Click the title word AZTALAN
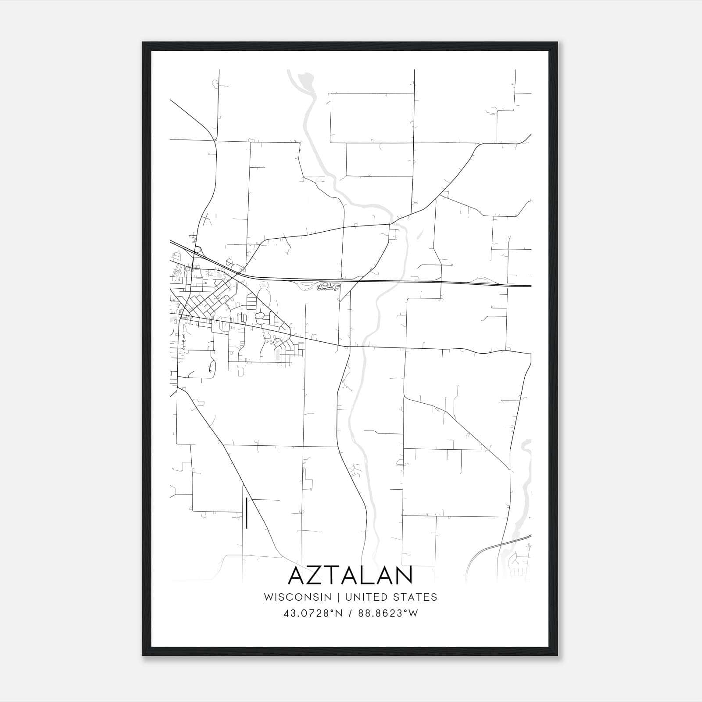click(350, 575)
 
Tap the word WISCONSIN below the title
click(301, 597)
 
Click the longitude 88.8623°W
click(388, 613)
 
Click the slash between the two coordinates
click(350, 613)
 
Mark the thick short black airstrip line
click(247, 513)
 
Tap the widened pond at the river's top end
click(305, 80)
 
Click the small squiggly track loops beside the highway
click(328, 287)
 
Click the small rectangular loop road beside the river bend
click(392, 234)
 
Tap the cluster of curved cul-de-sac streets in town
click(281, 347)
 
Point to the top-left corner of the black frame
click(143, 43)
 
